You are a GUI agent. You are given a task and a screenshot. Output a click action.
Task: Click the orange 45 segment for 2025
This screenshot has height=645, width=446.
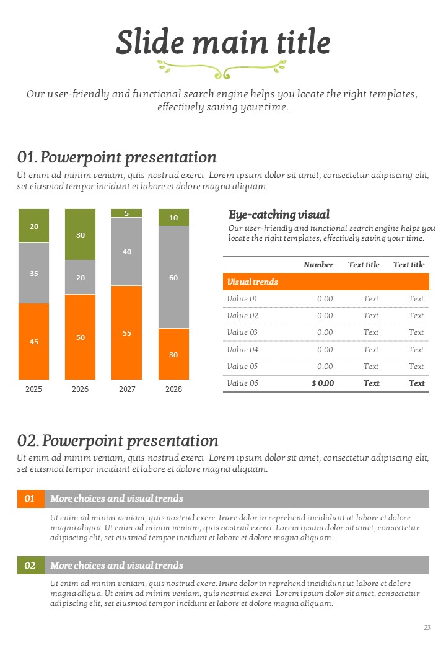(x=34, y=341)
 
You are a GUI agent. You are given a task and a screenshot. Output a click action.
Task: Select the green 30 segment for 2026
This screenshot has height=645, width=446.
(x=81, y=234)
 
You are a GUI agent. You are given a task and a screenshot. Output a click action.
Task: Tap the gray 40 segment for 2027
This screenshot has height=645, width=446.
(x=127, y=251)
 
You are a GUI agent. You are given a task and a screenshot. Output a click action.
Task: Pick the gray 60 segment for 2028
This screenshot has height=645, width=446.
(x=173, y=277)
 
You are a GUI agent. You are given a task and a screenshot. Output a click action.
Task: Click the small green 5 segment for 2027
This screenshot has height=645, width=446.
(x=127, y=213)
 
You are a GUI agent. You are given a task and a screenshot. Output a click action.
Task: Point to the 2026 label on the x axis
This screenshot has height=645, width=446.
(x=81, y=389)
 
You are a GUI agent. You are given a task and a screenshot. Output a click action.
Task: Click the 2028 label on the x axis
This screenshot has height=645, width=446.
(x=173, y=389)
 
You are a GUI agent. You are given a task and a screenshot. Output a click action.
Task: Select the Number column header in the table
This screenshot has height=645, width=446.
(x=318, y=265)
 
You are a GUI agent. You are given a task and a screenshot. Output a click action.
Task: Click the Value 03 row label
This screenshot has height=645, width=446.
(x=242, y=332)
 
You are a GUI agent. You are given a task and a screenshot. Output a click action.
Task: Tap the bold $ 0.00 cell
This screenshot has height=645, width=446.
(x=323, y=383)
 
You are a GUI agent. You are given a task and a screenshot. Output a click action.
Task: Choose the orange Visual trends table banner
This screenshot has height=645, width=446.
(x=326, y=282)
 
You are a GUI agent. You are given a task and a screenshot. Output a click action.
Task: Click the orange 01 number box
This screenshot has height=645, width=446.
(x=30, y=499)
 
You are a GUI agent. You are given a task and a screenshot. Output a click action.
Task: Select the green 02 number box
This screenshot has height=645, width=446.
(x=30, y=566)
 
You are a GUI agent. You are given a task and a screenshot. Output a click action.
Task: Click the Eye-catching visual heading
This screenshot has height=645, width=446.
(x=279, y=215)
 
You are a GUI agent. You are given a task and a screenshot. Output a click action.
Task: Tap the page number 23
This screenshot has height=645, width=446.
(x=427, y=628)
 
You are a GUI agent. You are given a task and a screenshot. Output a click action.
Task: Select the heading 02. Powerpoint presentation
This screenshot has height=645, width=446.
(x=118, y=441)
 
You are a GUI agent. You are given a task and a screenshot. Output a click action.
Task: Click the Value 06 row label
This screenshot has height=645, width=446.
(x=242, y=383)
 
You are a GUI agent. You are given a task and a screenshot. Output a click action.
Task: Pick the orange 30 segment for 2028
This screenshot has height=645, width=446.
(x=173, y=354)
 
